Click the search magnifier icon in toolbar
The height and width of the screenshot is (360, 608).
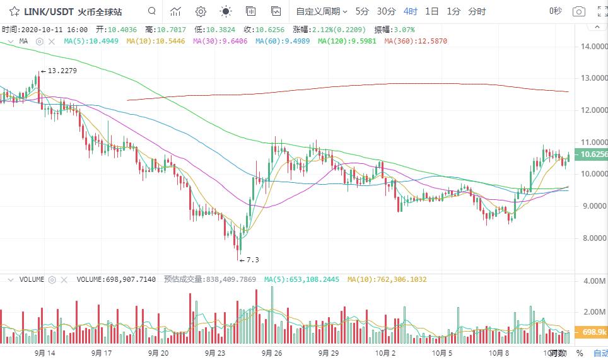coord(151,11)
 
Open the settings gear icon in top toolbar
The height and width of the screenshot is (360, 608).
coord(201,11)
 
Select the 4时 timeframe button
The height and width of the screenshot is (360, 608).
coord(411,11)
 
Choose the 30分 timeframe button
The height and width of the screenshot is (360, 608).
coord(386,11)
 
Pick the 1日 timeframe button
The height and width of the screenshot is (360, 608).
coord(431,11)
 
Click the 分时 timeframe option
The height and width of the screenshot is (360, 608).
coord(477,11)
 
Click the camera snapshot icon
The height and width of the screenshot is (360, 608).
coord(578,11)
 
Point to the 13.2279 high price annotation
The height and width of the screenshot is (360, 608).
coord(61,71)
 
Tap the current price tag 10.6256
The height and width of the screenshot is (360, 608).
coord(593,154)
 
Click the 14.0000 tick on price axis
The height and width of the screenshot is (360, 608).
coord(593,47)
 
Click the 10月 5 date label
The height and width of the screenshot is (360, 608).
coord(441,353)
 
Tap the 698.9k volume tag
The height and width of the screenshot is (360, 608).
coord(593,332)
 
